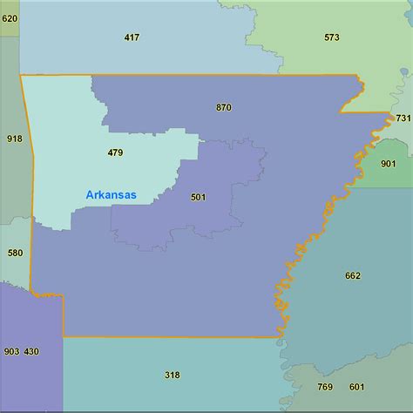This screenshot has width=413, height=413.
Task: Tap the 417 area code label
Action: click(132, 37)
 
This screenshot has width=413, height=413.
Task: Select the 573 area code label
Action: click(332, 37)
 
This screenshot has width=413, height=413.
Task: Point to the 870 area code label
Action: click(224, 107)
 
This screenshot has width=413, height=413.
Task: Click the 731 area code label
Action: click(403, 118)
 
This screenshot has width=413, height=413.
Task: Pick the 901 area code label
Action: click(389, 163)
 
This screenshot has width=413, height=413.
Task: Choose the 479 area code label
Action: click(115, 152)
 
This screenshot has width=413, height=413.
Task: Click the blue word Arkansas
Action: click(111, 195)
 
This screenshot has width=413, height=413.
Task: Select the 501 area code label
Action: click(199, 197)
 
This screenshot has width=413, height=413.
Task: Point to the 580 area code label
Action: click(15, 253)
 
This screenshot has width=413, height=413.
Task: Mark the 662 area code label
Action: click(352, 275)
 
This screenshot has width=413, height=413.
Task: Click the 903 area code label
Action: click(11, 351)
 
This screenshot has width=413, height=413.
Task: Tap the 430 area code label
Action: click(31, 351)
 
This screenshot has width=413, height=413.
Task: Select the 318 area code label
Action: click(172, 375)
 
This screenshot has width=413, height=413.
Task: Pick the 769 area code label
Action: click(325, 387)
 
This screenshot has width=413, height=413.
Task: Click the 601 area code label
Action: click(357, 387)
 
